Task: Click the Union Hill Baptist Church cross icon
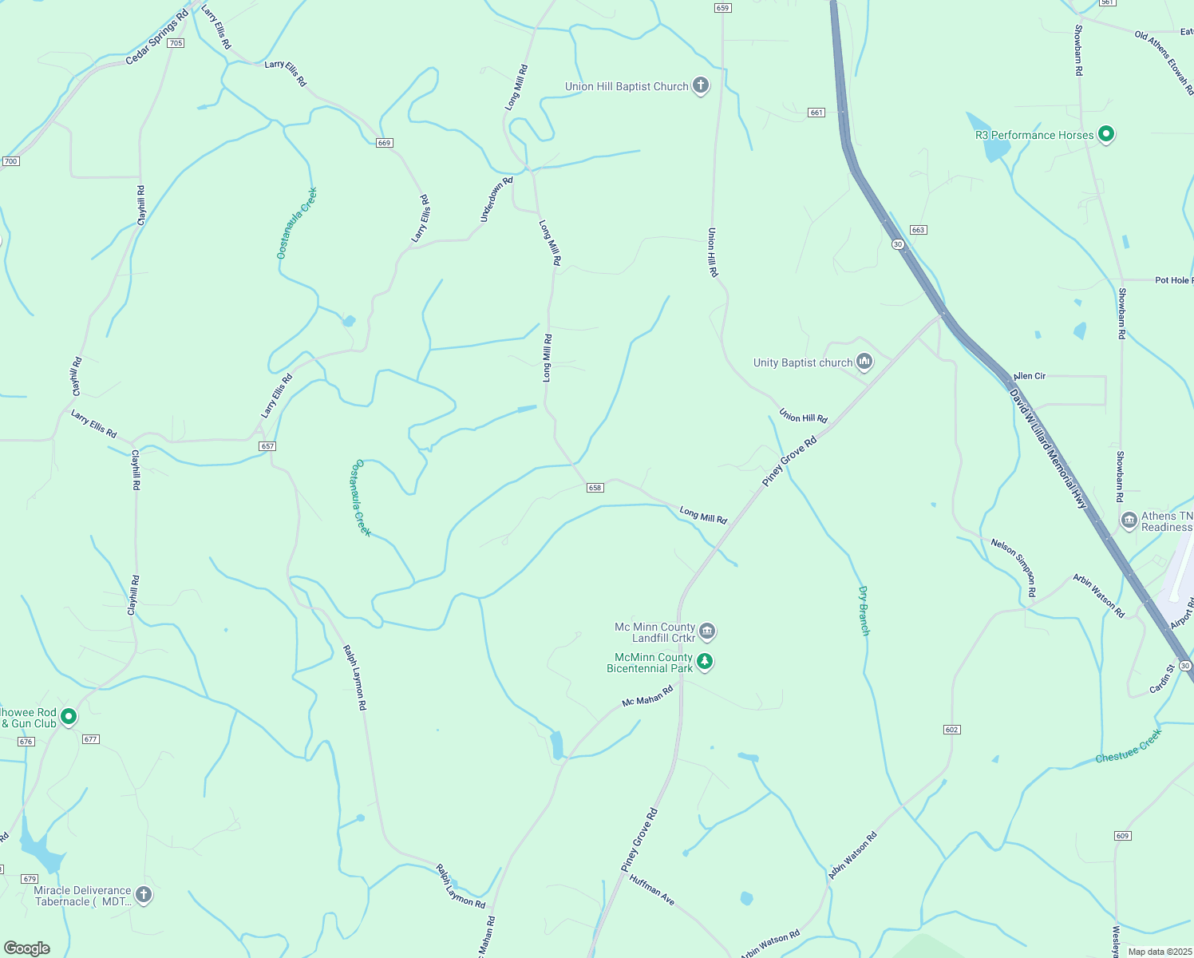point(701,85)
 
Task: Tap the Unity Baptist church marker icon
point(864,362)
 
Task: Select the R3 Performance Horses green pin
point(1105,134)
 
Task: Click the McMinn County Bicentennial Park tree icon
point(704,661)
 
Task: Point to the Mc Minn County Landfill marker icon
point(706,631)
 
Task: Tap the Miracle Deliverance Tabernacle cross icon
point(144,894)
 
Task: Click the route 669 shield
point(385,143)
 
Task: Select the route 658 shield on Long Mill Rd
point(595,488)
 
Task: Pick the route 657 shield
point(267,446)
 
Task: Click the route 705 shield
point(176,43)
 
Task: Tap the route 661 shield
point(816,113)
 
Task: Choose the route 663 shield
point(918,230)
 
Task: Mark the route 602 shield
point(951,730)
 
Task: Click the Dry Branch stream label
point(864,611)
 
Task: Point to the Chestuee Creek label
point(1129,746)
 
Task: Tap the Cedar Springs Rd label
point(156,38)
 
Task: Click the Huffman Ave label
point(652,890)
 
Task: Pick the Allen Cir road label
point(1030,376)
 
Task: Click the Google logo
point(27,948)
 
